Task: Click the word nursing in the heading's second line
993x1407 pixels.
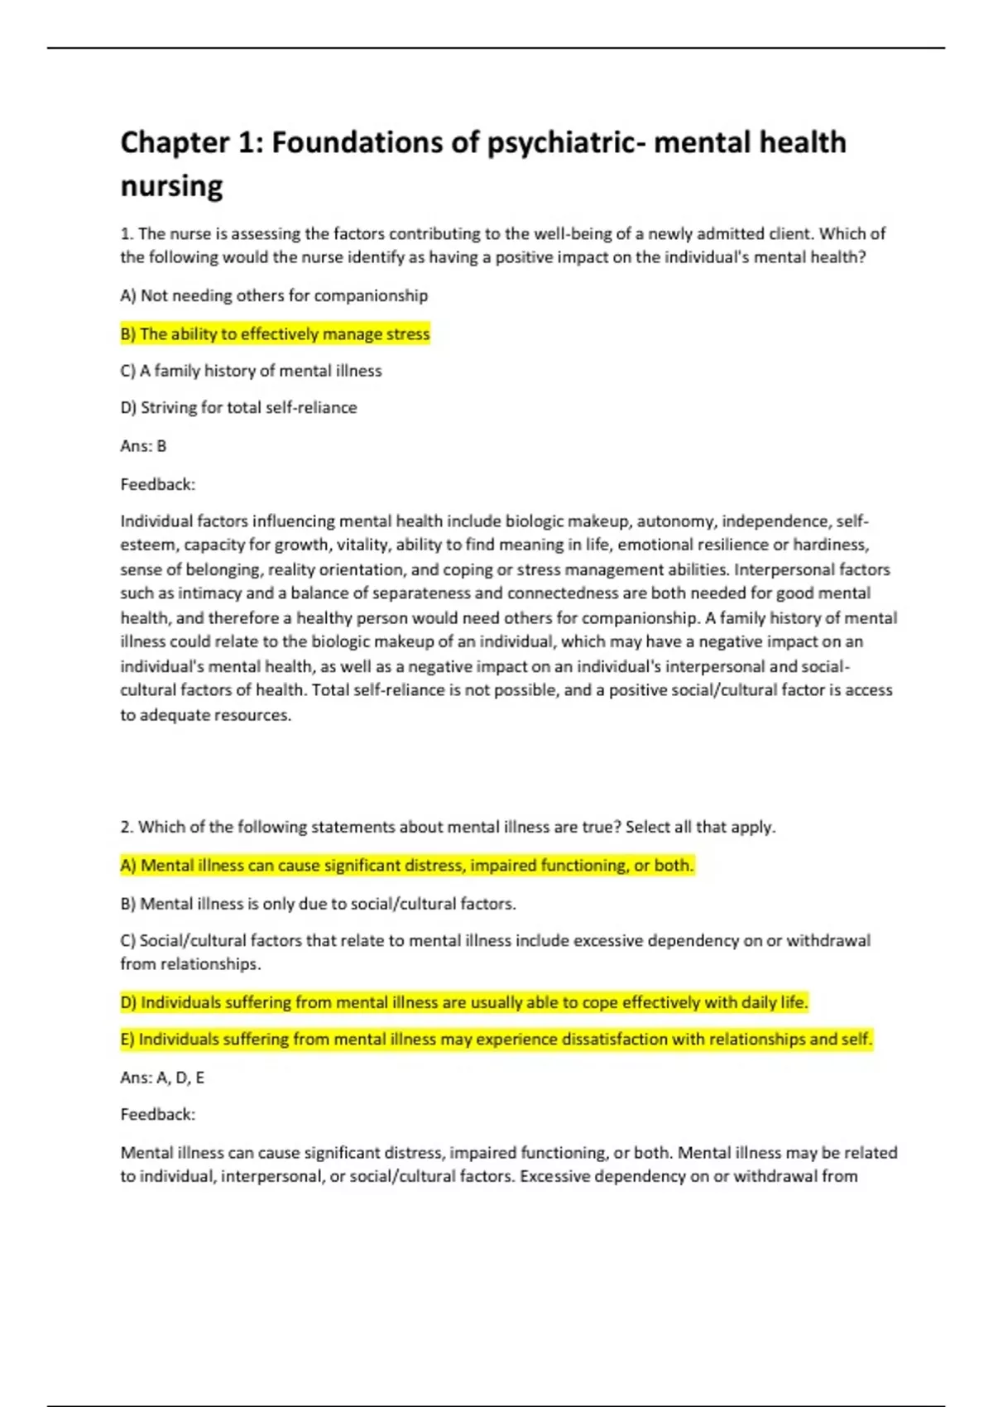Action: [x=171, y=186]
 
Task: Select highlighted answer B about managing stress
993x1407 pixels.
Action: [x=275, y=334]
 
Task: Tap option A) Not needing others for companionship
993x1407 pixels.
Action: [x=274, y=295]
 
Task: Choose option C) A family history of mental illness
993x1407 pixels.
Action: [x=251, y=371]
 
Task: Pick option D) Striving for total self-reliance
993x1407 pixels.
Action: [x=238, y=407]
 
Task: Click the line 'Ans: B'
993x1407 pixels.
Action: [x=143, y=446]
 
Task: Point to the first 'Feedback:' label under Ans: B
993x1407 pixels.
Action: [x=157, y=484]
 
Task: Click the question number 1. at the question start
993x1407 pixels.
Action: [x=127, y=234]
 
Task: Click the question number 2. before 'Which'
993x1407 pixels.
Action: [x=127, y=827]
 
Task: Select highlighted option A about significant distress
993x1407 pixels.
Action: [x=406, y=866]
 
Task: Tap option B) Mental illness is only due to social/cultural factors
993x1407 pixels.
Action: [x=318, y=904]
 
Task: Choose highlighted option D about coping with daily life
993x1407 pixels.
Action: [x=463, y=1002]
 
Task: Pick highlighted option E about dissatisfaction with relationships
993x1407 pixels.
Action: [x=496, y=1040]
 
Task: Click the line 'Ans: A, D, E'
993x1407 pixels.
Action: [x=162, y=1078]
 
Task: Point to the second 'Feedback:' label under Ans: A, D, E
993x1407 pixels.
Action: [x=157, y=1115]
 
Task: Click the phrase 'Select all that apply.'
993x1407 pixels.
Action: [x=700, y=827]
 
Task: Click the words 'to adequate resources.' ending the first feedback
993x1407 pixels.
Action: [x=205, y=715]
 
